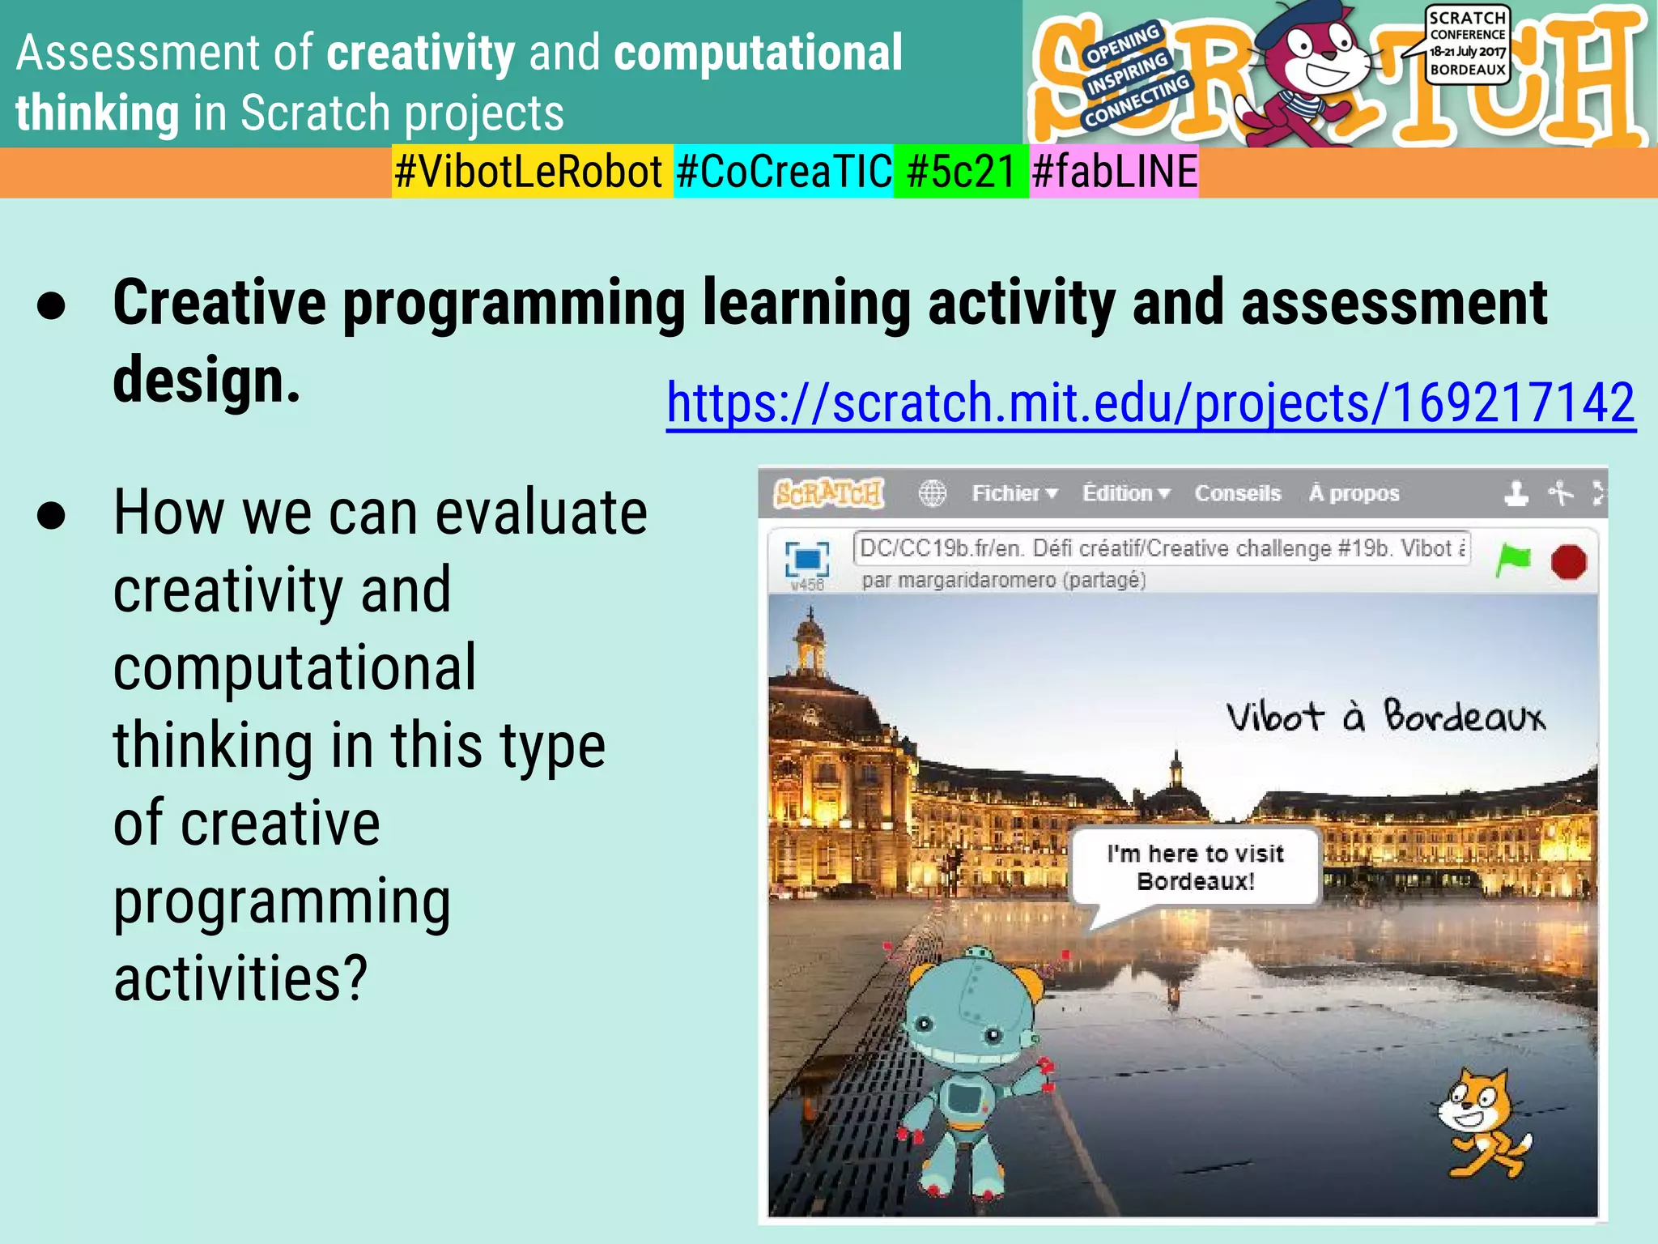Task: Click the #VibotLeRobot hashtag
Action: click(530, 172)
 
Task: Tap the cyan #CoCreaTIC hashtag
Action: click(783, 172)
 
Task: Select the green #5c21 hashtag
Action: click(960, 172)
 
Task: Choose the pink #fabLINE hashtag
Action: click(1114, 172)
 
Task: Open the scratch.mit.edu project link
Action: click(1150, 403)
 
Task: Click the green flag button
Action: click(1512, 560)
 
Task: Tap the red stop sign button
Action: click(1568, 561)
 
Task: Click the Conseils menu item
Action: click(1237, 493)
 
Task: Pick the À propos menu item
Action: click(1354, 493)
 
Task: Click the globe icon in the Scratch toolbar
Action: click(932, 493)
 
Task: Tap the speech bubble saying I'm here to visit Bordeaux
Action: click(1195, 867)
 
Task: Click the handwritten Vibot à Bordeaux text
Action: click(1384, 717)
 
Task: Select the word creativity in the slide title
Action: click(420, 53)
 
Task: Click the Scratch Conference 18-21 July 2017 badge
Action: click(1467, 44)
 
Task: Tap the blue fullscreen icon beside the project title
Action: click(807, 559)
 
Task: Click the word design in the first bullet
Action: click(206, 380)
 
